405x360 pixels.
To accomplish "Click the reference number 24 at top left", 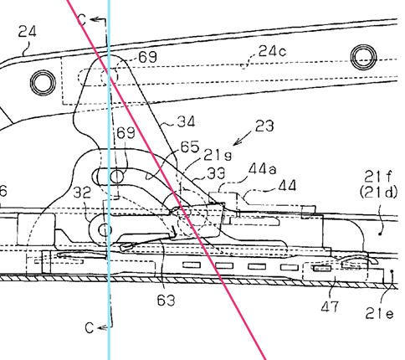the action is click(28, 32).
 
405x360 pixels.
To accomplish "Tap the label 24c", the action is click(272, 51).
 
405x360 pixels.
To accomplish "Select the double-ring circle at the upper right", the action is click(364, 58).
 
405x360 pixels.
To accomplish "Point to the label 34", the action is click(186, 122).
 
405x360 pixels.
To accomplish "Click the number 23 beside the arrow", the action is click(264, 126).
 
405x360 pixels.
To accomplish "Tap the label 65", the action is click(190, 147).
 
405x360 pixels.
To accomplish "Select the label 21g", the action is click(218, 156).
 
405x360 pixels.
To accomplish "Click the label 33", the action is click(216, 174).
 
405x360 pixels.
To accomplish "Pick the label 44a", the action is click(262, 169).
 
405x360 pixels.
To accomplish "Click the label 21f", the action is click(378, 177).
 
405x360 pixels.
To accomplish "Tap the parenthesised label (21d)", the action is click(378, 193).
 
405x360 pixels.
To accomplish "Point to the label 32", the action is click(82, 193).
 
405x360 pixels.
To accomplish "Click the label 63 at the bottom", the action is click(166, 301).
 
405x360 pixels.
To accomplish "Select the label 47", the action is click(330, 306).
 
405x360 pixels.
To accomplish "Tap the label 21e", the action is click(380, 314).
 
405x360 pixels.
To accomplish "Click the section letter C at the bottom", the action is click(90, 327).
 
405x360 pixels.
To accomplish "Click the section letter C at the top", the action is click(82, 20).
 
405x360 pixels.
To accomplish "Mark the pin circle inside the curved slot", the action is click(116, 177).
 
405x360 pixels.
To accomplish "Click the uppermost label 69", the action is click(148, 57).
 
